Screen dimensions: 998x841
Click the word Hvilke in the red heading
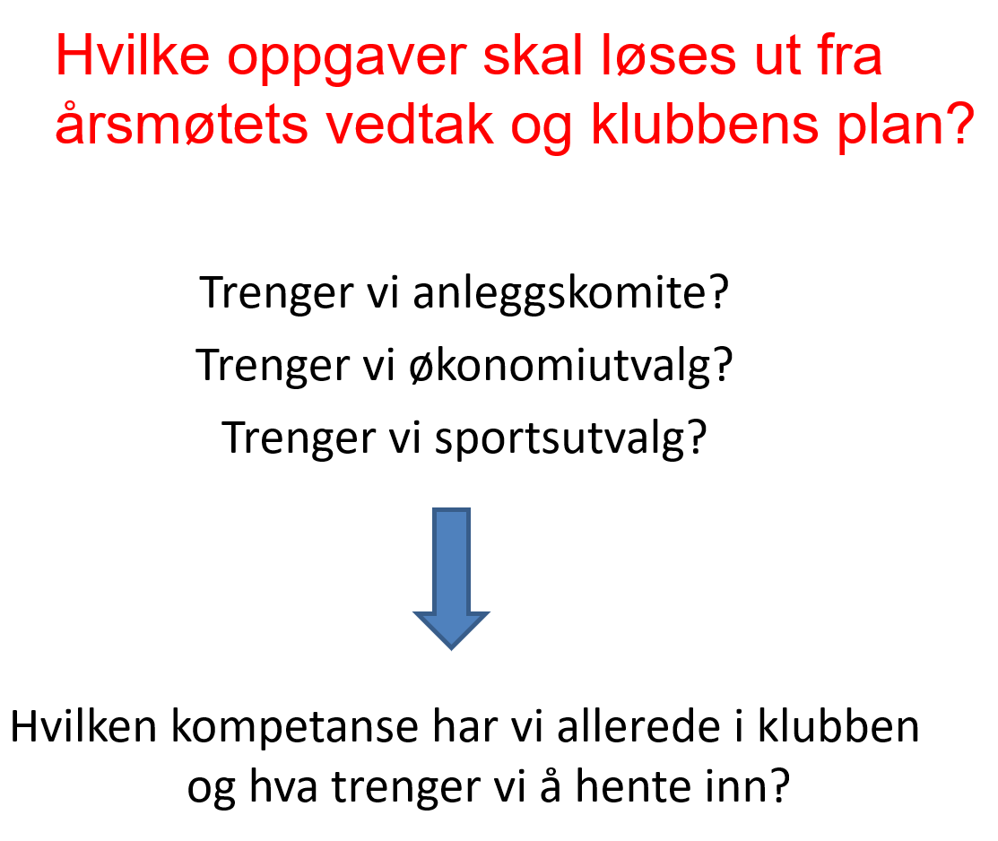133,56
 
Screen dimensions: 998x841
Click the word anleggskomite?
570,294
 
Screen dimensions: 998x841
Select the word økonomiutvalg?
571,366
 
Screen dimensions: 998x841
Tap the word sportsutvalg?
570,439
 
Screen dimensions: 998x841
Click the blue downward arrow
451,578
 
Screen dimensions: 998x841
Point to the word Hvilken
83,725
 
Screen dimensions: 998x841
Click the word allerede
639,725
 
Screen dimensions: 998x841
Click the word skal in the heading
533,56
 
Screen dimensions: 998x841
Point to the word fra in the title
850,56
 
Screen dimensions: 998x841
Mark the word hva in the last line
283,787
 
